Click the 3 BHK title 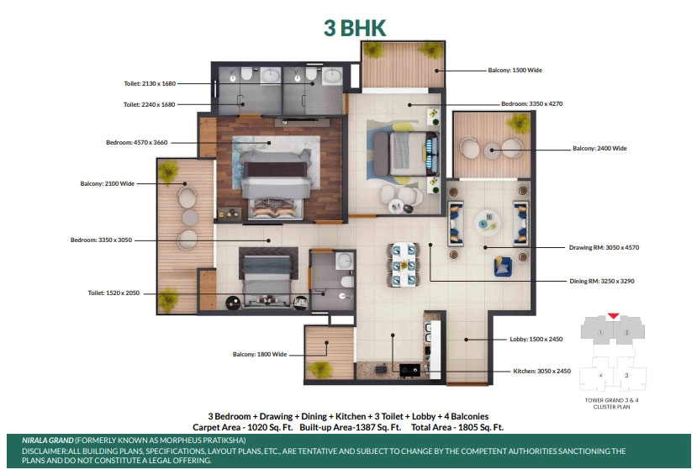pos(355,28)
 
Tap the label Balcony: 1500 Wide pos(515,71)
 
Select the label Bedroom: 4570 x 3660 pos(137,143)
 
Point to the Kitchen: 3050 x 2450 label pos(541,371)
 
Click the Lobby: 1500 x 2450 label pos(536,339)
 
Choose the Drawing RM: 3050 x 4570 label pos(605,247)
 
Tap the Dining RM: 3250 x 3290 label pos(602,281)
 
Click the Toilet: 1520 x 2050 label pos(114,293)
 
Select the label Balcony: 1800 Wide pos(260,354)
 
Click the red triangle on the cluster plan pos(614,316)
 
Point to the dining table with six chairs pos(404,266)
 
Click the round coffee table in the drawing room pos(488,223)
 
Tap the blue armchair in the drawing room pos(502,266)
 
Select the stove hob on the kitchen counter pos(409,370)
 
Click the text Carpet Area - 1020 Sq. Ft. pos(243,427)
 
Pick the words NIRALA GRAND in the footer pos(48,441)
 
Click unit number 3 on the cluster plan pos(626,376)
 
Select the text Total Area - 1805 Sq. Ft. pos(457,427)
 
